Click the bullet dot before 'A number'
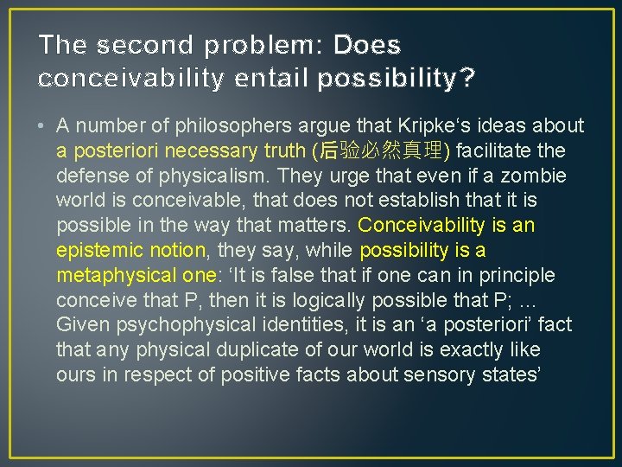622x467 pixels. click(x=41, y=126)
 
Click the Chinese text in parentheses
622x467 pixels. click(x=382, y=151)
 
